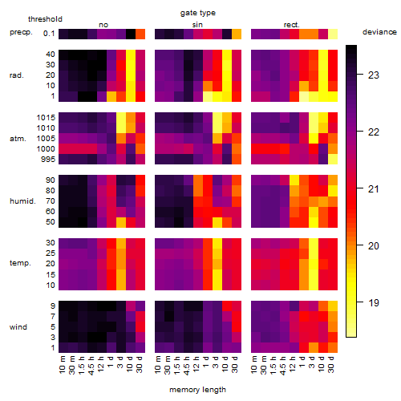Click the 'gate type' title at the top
pyautogui.click(x=198, y=13)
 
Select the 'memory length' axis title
pyautogui.click(x=198, y=390)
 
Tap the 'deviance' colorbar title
pyautogui.click(x=379, y=32)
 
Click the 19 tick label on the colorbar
pyautogui.click(x=374, y=303)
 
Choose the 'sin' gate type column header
pyautogui.click(x=197, y=25)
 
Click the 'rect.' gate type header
pyautogui.click(x=292, y=25)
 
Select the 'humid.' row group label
pyautogui.click(x=22, y=201)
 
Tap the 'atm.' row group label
pyautogui.click(x=18, y=139)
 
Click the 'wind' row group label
pyautogui.click(x=18, y=327)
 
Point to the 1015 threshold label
pyautogui.click(x=46, y=118)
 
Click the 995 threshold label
pyautogui.click(x=48, y=160)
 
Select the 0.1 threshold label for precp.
pyautogui.click(x=49, y=34)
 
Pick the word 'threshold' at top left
pyautogui.click(x=45, y=19)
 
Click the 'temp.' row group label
pyautogui.click(x=20, y=263)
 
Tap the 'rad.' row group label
pyautogui.click(x=17, y=75)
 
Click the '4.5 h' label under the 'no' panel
pyautogui.click(x=91, y=365)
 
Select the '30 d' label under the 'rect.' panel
pyautogui.click(x=331, y=365)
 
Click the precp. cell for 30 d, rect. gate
pyautogui.click(x=333, y=34)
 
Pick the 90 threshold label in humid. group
pyautogui.click(x=51, y=180)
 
